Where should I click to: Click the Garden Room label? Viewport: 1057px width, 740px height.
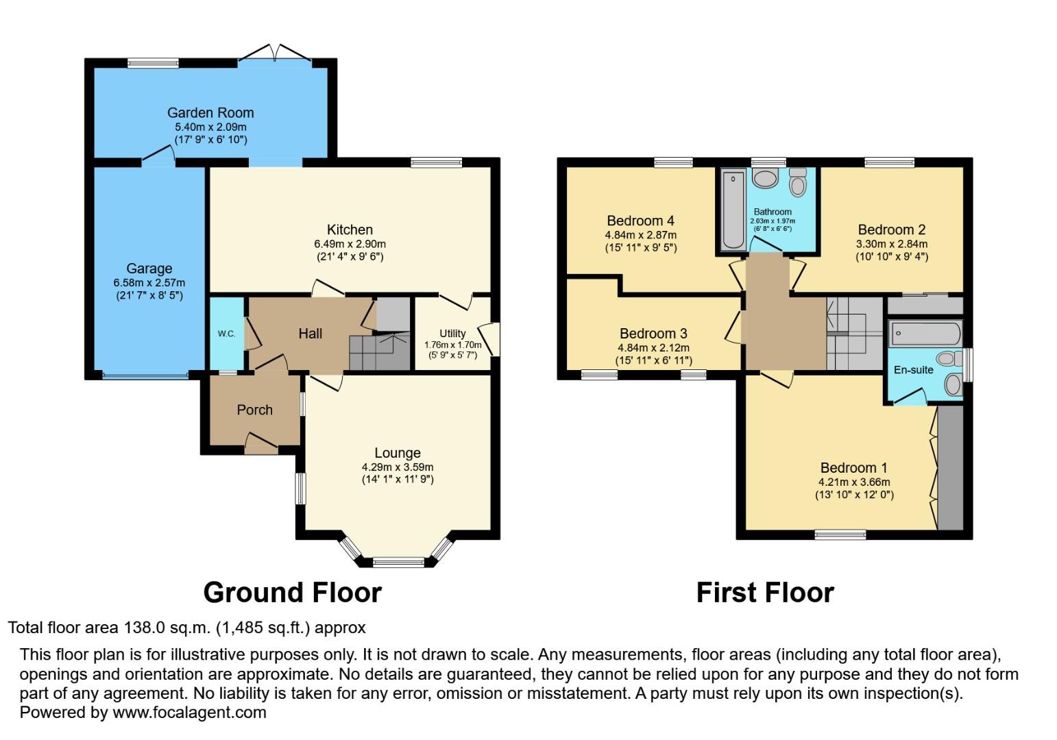210,112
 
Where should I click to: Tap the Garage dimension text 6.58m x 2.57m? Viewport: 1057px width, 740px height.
149,282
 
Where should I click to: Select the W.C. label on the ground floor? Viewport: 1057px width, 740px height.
226,334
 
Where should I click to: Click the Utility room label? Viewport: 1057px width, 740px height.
452,333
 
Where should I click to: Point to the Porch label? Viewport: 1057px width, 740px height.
254,410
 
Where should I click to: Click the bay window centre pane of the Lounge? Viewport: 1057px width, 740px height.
398,563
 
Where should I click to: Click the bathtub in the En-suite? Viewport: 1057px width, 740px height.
925,334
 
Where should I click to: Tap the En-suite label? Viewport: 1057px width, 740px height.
913,370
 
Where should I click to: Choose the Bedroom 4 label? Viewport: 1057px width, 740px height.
640,221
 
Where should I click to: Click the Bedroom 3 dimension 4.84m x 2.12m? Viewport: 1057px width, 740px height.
653,347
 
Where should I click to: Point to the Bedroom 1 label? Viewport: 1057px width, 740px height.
853,468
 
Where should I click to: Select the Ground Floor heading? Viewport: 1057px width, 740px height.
292,593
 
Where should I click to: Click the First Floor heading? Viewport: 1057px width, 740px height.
765,593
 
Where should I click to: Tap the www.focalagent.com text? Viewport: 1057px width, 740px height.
189,713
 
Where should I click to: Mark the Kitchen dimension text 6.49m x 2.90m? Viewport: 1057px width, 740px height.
350,244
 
